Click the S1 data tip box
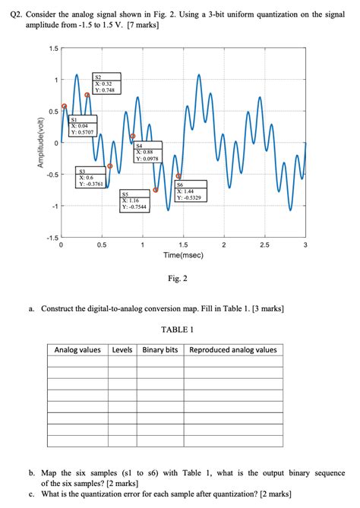tap(81, 126)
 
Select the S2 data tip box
tap(106, 84)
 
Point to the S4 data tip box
tap(147, 153)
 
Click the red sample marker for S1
tap(64, 106)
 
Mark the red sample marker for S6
tap(178, 176)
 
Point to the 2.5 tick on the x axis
tap(264, 245)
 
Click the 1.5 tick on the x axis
tap(182, 245)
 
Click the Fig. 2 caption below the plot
tap(178, 279)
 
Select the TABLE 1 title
tap(178, 330)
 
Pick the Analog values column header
tap(77, 350)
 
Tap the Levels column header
tap(122, 350)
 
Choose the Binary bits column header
tap(160, 350)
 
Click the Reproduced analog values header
tap(233, 350)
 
